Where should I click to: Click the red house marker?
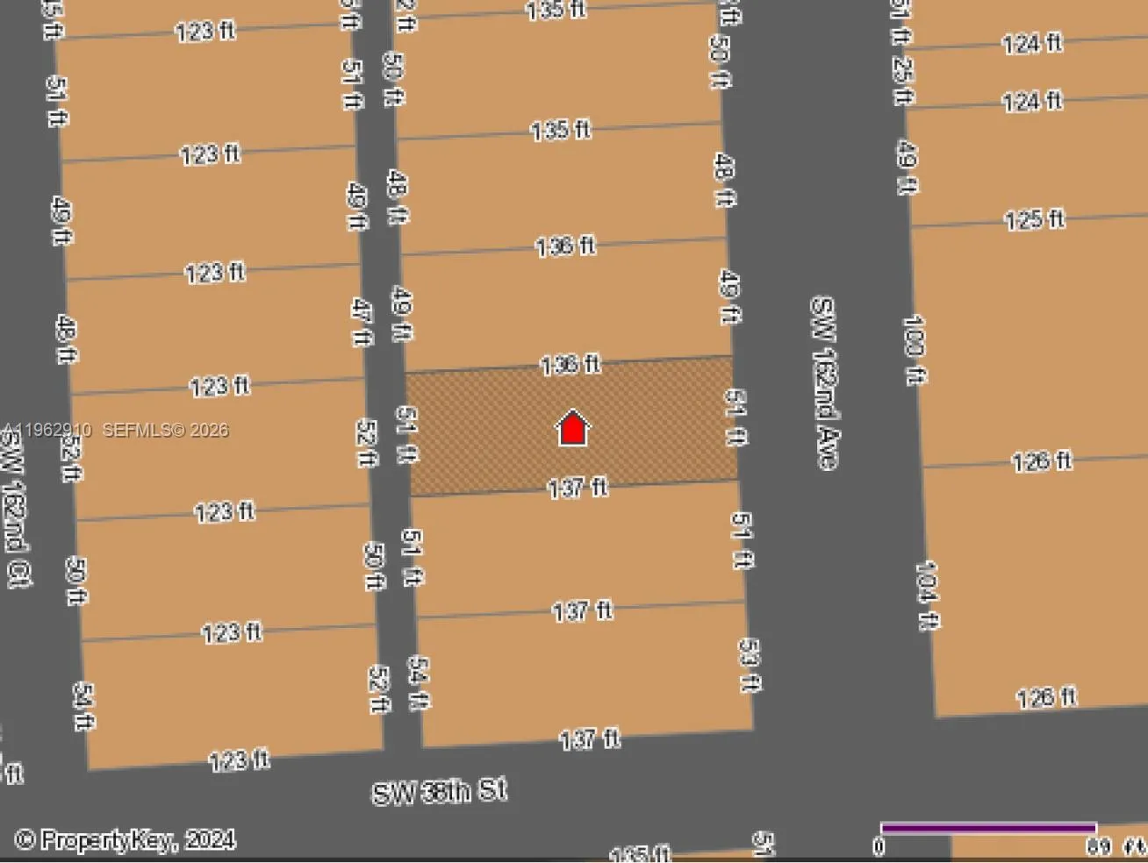(572, 428)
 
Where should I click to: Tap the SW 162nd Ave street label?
(823, 382)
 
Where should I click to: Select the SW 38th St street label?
(439, 791)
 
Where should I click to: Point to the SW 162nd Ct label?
(16, 509)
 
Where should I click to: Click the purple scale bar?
(988, 827)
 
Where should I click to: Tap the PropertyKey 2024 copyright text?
(125, 840)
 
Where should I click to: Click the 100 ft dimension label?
(914, 349)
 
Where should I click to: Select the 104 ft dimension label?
(927, 595)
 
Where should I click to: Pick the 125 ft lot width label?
(1035, 218)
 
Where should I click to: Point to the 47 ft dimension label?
(361, 321)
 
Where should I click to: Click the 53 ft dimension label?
(749, 665)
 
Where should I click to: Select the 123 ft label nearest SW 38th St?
(239, 760)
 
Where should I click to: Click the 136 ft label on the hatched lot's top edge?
(570, 364)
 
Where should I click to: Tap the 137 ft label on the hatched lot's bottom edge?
(577, 488)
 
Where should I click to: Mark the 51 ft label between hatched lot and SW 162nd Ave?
(735, 417)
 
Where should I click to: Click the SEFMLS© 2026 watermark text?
(166, 430)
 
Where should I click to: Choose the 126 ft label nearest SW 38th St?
(1046, 698)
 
